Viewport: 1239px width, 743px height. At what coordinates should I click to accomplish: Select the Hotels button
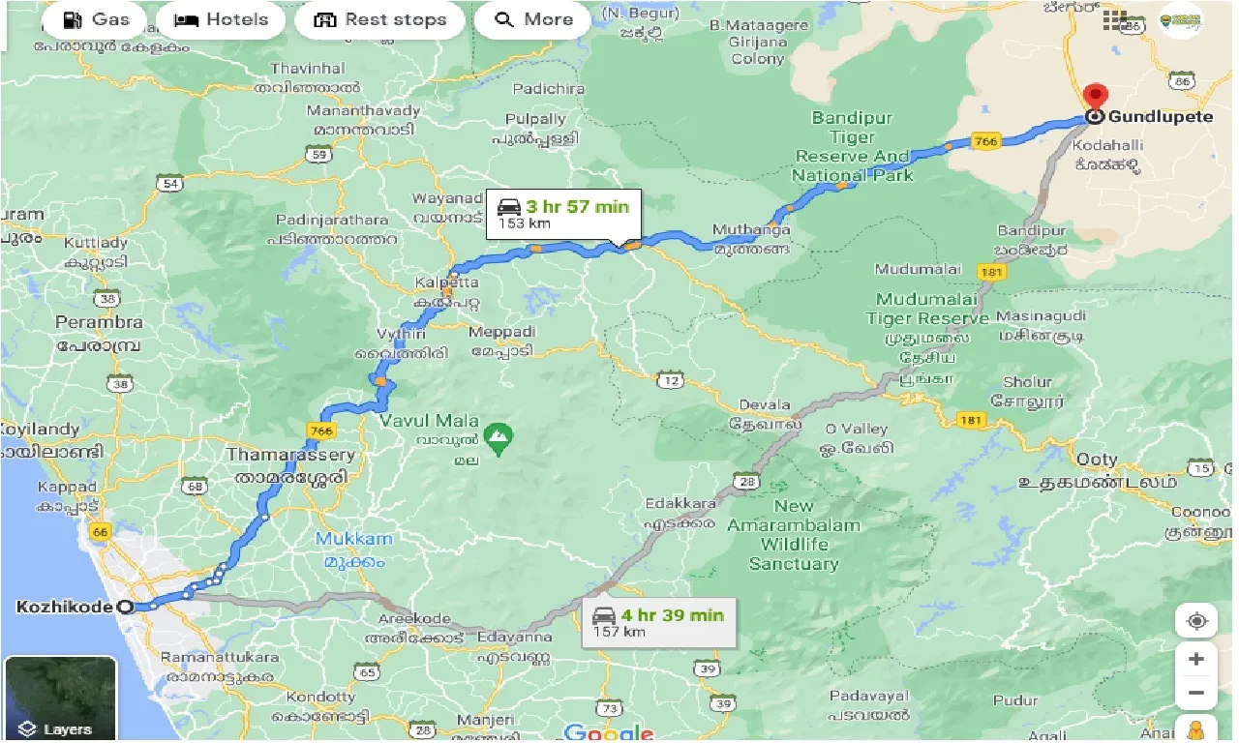point(221,19)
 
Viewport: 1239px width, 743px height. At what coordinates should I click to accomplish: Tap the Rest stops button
point(380,19)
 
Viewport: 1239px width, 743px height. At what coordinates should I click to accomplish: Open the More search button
point(533,19)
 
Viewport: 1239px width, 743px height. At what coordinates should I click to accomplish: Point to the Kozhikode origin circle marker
point(125,608)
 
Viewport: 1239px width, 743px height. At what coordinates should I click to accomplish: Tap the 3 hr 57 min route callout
point(563,214)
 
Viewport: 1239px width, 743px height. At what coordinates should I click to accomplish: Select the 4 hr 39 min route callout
point(658,622)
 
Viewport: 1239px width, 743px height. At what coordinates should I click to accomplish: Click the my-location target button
point(1196,620)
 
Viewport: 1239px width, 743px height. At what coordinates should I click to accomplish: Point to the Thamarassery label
point(289,454)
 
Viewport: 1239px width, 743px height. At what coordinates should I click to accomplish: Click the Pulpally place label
point(535,119)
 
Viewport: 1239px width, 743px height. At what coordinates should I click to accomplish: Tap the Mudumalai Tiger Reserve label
point(926,309)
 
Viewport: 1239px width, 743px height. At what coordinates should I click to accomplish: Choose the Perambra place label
point(100,322)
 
